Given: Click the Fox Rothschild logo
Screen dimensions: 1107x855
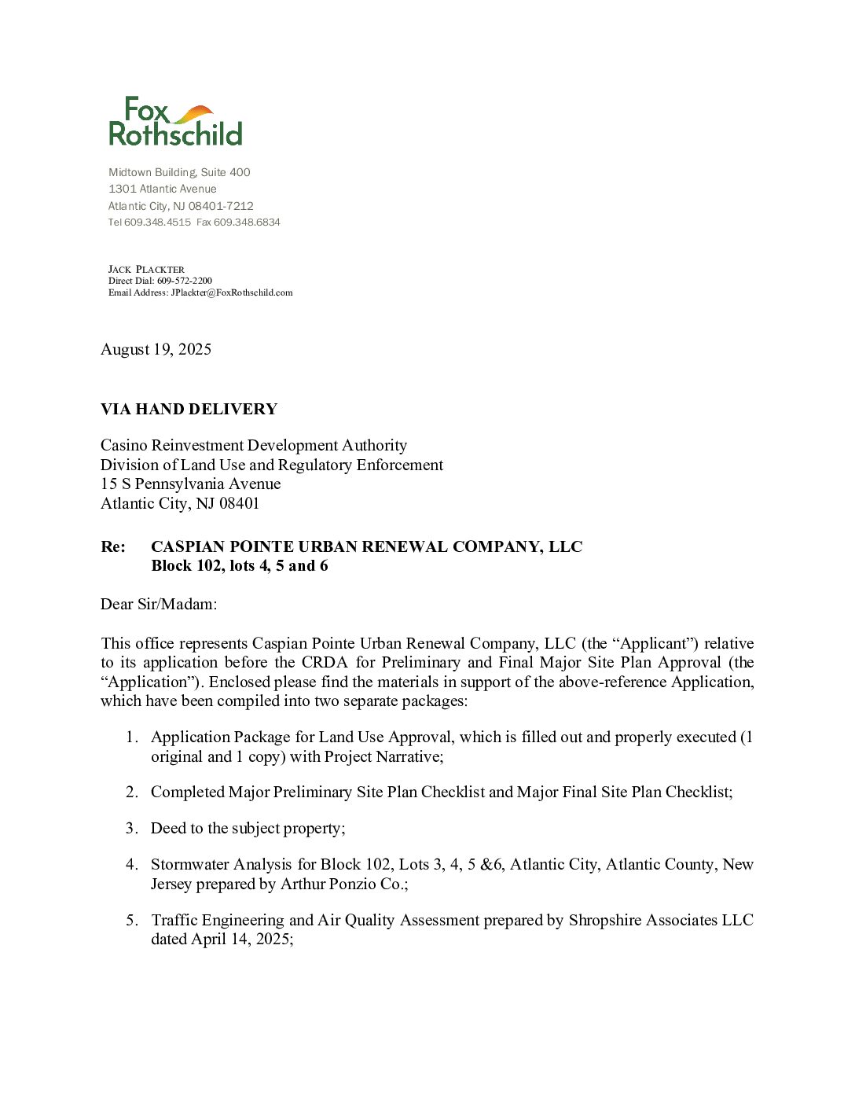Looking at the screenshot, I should tap(175, 122).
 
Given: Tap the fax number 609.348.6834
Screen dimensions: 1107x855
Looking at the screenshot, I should tap(247, 223).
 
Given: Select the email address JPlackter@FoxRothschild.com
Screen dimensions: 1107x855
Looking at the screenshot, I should tap(232, 292).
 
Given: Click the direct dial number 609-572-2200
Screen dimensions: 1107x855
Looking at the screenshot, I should tap(185, 281).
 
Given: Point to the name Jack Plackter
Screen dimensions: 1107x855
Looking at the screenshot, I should tap(146, 269).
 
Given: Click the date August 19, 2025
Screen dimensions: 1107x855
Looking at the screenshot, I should tap(156, 349).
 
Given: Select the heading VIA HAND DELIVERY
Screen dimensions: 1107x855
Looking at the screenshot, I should tap(189, 409).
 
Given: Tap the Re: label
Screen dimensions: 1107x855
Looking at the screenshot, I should tap(113, 546).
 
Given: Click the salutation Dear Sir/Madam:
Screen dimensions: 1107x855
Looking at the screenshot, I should tap(159, 604).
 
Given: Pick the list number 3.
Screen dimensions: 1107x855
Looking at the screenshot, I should tap(131, 828).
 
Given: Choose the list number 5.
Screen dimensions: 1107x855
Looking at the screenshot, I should tap(131, 920).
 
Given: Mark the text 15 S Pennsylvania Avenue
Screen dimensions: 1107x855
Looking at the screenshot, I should tap(190, 484).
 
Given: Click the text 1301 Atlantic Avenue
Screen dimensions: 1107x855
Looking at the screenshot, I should tap(163, 189).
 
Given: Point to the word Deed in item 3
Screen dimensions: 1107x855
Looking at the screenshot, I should tap(168, 828).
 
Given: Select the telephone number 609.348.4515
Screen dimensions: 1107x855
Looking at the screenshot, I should tap(157, 223).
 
